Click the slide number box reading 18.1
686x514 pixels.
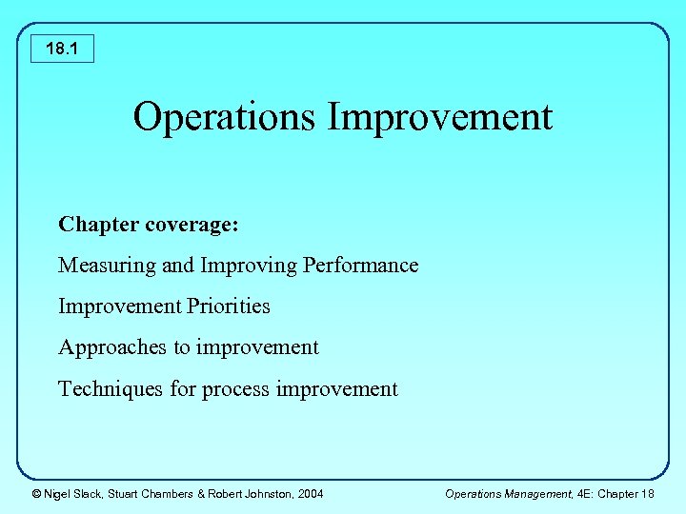coord(62,48)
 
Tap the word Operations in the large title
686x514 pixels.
coord(225,117)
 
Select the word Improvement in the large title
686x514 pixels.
coord(439,117)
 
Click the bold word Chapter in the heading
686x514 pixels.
coord(98,225)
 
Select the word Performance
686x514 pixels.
coord(360,266)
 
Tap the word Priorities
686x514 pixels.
coord(229,306)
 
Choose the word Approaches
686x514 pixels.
coord(112,347)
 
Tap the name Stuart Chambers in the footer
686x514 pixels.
coord(152,493)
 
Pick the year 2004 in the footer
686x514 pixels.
coord(311,493)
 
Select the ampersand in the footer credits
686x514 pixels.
coord(202,493)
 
